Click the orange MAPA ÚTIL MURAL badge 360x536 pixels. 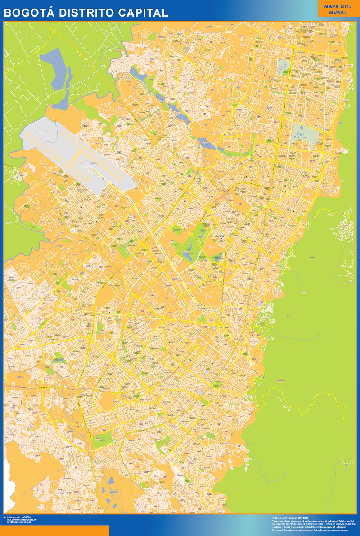338,9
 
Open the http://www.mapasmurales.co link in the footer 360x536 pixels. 22,519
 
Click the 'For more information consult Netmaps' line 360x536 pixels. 310,530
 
